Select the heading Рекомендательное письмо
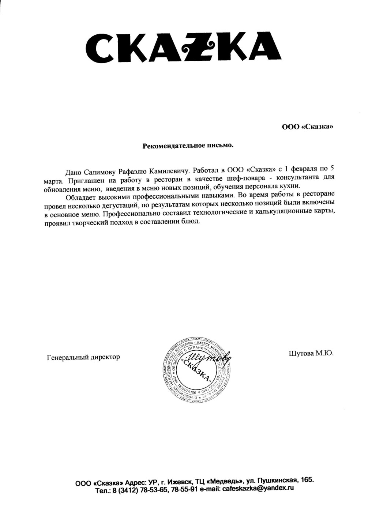click(187, 146)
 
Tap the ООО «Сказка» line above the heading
click(307, 127)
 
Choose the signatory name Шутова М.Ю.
click(311, 353)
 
